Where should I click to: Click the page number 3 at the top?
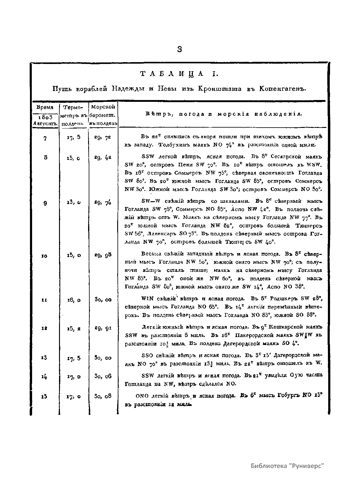pos(180,49)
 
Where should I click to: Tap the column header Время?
pos(45,107)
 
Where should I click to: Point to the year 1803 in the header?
pos(45,117)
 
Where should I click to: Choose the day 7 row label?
pos(45,139)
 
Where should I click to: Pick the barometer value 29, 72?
pos(103,137)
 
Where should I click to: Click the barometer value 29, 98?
pos(103,255)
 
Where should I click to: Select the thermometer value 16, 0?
pos(74,300)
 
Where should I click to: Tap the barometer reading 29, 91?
pos(103,328)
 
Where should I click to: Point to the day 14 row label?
pos(44,377)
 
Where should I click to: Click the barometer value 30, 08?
pos(103,396)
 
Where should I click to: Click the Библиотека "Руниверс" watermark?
pos(287,465)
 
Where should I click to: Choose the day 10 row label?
pos(44,256)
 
